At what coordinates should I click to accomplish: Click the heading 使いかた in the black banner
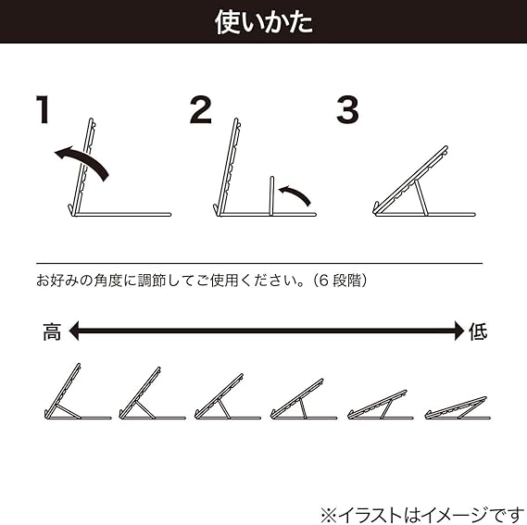[x=264, y=22]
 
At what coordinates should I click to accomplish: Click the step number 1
[x=44, y=109]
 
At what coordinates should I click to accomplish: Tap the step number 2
[x=201, y=109]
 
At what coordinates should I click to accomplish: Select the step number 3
[x=347, y=109]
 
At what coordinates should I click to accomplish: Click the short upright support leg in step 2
[x=272, y=195]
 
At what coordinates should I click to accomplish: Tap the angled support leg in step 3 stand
[x=421, y=197]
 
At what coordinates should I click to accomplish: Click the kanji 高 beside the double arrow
[x=52, y=331]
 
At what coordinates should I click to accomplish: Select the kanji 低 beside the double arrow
[x=478, y=331]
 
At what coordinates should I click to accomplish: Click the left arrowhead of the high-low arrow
[x=74, y=331]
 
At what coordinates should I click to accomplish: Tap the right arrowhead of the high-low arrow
[x=459, y=331]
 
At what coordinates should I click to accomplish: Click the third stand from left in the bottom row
[x=228, y=396]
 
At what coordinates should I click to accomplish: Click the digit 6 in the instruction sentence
[x=323, y=281]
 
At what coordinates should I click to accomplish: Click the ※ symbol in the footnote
[x=329, y=515]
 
